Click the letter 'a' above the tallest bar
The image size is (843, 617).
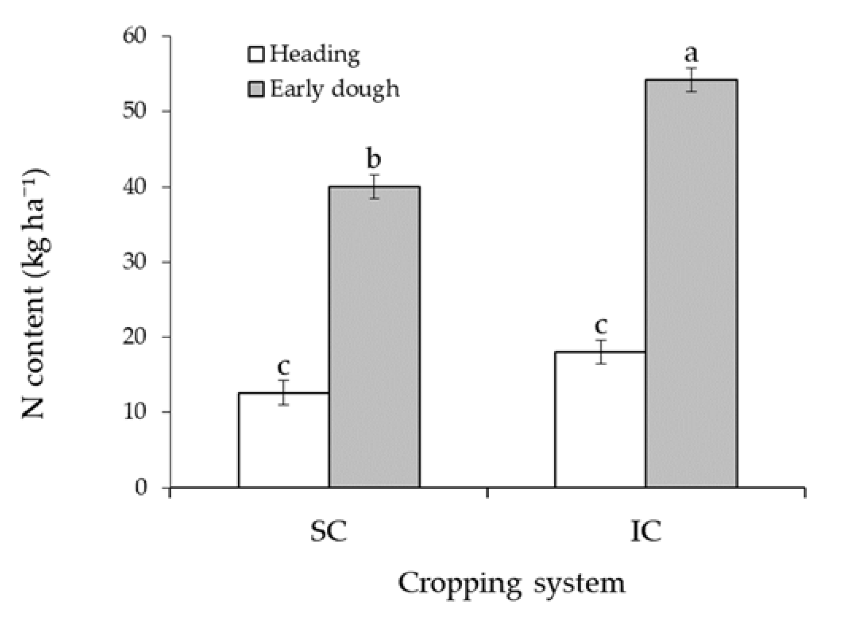(x=691, y=54)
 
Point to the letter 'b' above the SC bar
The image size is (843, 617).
(x=374, y=158)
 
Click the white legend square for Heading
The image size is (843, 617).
(x=256, y=54)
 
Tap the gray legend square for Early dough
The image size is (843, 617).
(x=256, y=89)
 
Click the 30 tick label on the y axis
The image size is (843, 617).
(x=135, y=262)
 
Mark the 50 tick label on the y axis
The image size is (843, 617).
(x=135, y=111)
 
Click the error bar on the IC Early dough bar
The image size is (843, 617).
(x=692, y=80)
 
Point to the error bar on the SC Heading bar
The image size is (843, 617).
(x=283, y=393)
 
